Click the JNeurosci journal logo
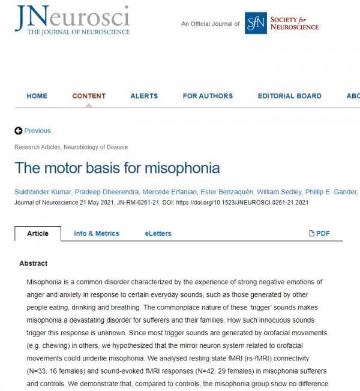[72, 21]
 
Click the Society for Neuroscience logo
[281, 23]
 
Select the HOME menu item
[37, 96]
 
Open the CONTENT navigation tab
[89, 96]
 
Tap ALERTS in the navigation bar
[144, 96]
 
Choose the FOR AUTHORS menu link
[208, 96]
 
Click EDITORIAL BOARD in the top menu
[289, 96]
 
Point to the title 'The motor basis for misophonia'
[117, 167]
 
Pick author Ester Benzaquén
[224, 192]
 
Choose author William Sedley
[279, 192]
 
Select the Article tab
[38, 233]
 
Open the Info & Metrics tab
[97, 233]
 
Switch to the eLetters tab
[158, 233]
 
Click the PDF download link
[319, 233]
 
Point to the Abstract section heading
[34, 263]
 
